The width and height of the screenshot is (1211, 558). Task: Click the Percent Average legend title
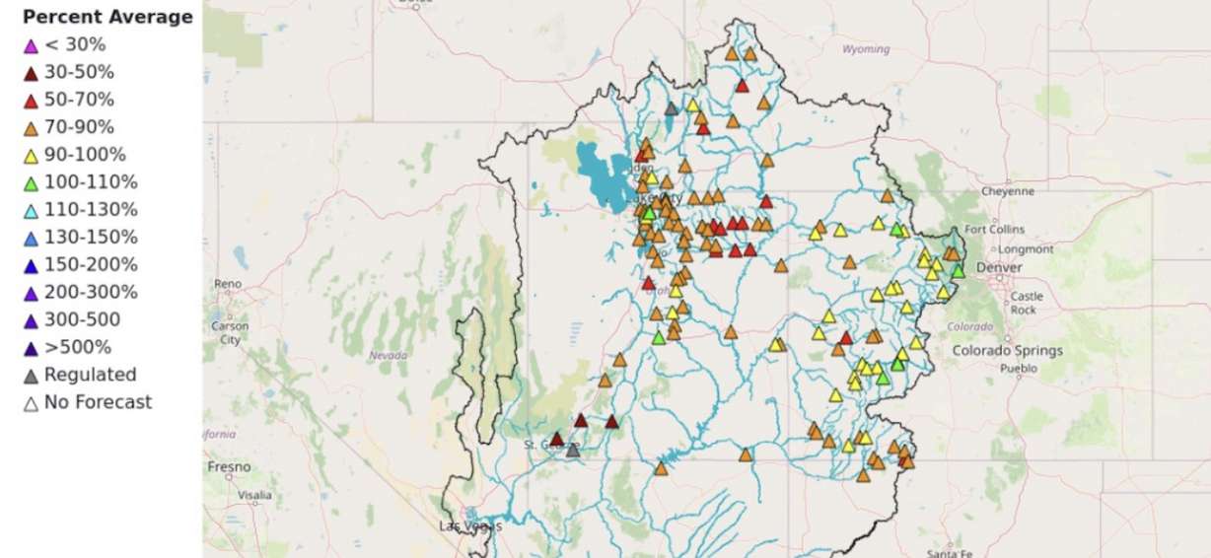tap(107, 17)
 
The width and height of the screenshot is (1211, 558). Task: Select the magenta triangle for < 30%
tap(31, 45)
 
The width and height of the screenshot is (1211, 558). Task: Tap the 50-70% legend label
tap(79, 100)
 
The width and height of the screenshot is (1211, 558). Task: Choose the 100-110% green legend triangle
tap(31, 183)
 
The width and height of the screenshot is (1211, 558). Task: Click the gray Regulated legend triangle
tap(31, 376)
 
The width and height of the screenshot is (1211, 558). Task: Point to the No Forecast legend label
tap(98, 402)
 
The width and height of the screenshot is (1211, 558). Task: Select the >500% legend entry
tap(77, 347)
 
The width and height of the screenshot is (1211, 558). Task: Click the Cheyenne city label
tap(1008, 191)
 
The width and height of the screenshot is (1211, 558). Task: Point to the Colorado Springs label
tap(1007, 350)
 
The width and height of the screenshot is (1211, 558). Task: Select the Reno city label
tap(227, 284)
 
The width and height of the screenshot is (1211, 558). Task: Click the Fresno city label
tap(228, 466)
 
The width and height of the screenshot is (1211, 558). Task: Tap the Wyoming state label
tap(865, 49)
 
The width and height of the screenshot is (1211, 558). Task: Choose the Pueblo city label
tap(1019, 370)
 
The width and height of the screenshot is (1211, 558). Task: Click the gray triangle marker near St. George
tap(573, 451)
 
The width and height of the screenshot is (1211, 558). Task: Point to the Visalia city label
tap(254, 495)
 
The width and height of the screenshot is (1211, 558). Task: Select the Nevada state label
tap(387, 355)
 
